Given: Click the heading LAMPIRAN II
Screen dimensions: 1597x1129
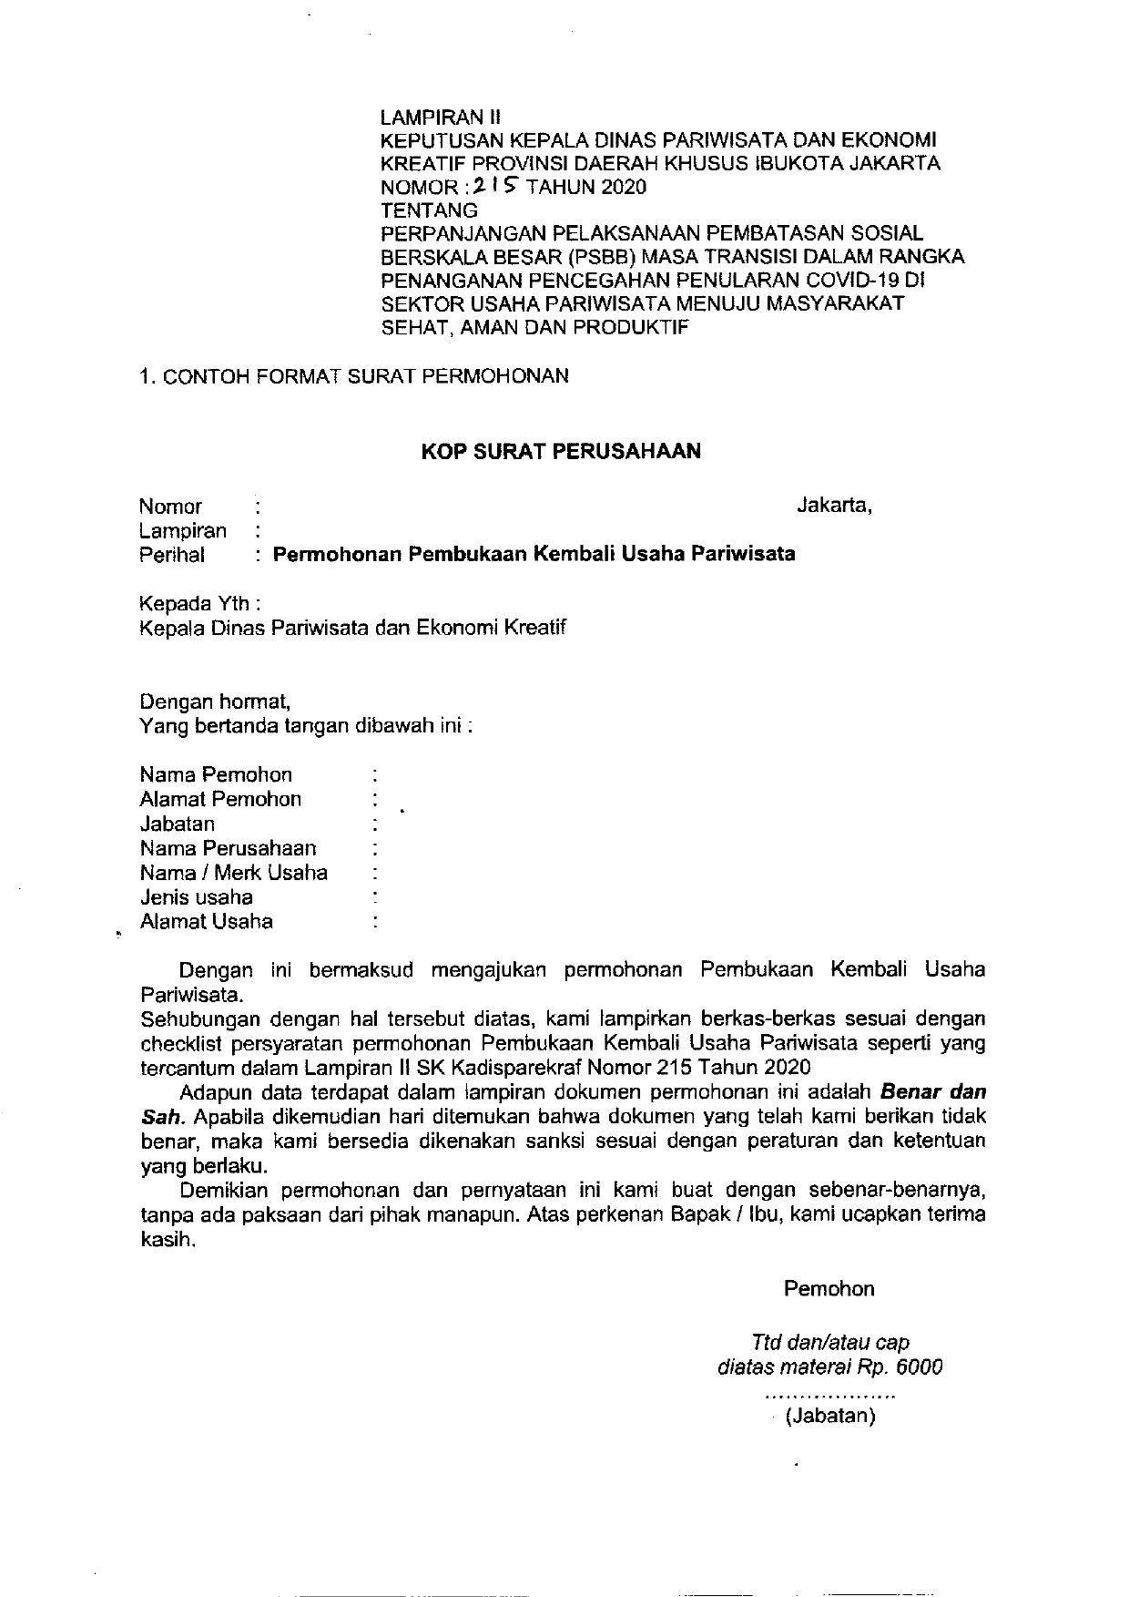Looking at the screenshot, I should [x=440, y=118].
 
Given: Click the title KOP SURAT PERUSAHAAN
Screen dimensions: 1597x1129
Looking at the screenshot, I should [x=560, y=451].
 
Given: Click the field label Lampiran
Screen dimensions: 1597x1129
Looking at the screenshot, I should [x=182, y=530].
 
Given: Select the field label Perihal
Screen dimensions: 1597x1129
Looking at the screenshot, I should [x=171, y=555].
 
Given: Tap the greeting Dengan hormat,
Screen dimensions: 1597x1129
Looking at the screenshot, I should [x=215, y=702].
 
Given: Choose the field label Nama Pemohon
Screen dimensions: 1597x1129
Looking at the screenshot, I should [x=216, y=775].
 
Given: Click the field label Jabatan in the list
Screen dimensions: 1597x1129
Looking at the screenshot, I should [x=177, y=824].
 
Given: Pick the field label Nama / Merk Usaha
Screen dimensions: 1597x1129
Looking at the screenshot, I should [x=233, y=873].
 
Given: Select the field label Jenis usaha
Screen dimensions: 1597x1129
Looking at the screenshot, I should [x=196, y=897].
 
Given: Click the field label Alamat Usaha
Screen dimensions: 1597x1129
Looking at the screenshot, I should [x=206, y=922].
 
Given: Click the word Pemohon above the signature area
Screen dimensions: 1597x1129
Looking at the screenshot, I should [x=829, y=1289].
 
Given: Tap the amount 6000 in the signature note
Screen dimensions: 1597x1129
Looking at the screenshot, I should [x=920, y=1367].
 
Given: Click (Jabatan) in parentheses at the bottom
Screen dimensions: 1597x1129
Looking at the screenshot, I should [x=830, y=1417].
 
